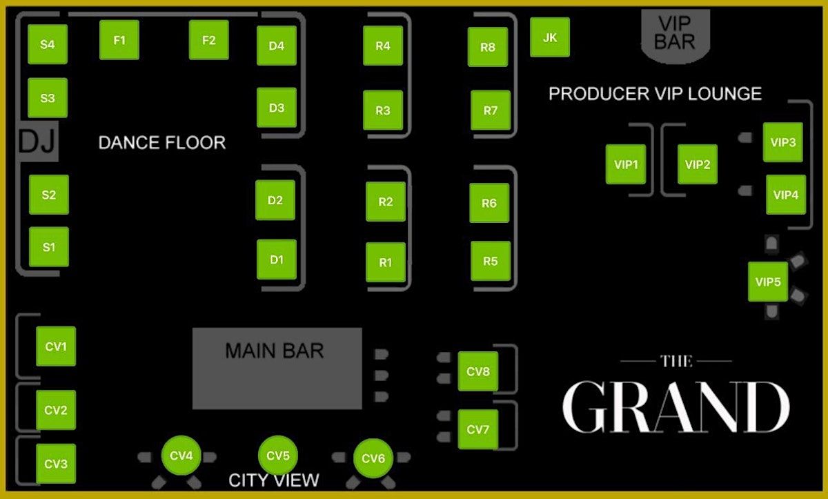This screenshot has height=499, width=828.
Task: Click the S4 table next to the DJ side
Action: (47, 45)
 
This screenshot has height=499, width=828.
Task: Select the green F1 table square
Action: (119, 40)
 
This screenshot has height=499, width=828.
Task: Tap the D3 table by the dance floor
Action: (277, 108)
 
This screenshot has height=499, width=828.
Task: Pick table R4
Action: (383, 46)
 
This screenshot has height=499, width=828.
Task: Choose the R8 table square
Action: (488, 47)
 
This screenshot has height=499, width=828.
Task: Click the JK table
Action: (550, 37)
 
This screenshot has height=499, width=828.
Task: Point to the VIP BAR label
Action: (674, 32)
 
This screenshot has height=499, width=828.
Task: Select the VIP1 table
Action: (626, 164)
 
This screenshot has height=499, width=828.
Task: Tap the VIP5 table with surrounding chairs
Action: (768, 282)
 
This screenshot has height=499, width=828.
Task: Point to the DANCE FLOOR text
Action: (162, 143)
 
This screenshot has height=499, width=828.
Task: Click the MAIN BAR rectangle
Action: (277, 368)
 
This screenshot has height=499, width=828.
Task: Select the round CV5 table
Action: (277, 456)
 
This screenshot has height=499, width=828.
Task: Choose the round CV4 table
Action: (181, 456)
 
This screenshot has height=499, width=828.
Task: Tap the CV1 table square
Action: (56, 346)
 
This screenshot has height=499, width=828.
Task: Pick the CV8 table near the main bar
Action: (477, 371)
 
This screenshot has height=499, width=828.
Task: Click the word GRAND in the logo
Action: (676, 407)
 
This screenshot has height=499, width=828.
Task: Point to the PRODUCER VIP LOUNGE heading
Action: (655, 93)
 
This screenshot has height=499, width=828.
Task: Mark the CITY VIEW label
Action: (274, 480)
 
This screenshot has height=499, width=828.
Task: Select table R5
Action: (491, 262)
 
